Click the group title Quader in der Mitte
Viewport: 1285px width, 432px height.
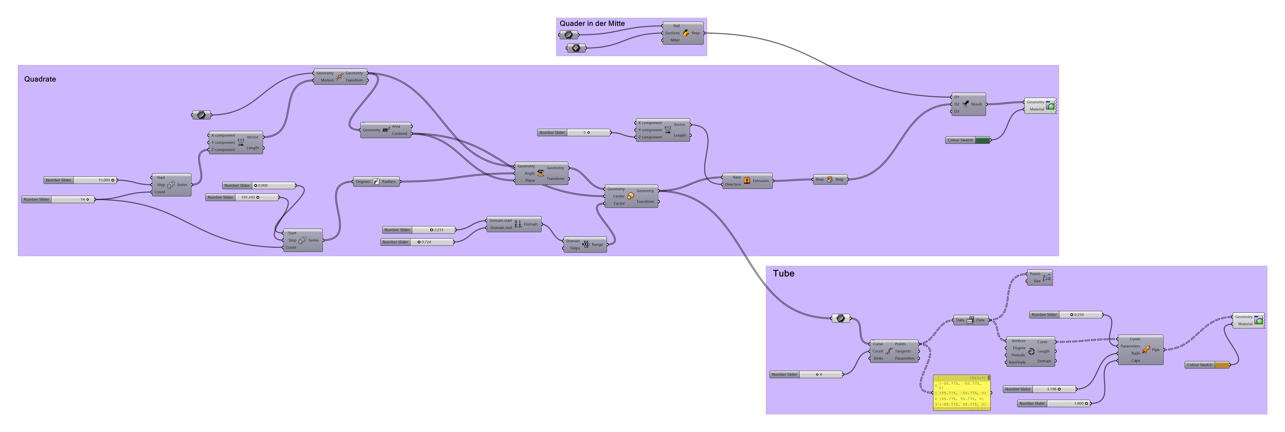coord(592,23)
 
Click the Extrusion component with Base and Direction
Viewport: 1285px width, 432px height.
coord(747,181)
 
